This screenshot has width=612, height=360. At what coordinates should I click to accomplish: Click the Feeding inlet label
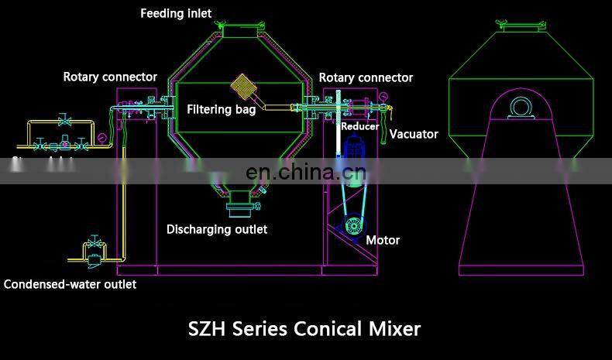coord(175,13)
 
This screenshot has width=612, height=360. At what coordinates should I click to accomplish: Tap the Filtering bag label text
coord(221,109)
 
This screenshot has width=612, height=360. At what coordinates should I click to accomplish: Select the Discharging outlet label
coord(217,229)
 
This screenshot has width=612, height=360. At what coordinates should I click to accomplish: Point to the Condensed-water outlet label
coord(70,284)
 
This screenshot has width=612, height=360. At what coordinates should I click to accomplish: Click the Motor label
coord(383,240)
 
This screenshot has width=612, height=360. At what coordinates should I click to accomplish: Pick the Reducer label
coord(360,125)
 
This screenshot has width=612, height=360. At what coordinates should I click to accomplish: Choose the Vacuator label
coord(414,134)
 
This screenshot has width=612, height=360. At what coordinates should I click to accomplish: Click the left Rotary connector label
coord(110,77)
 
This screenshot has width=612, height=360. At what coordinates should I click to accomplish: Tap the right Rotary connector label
coord(366,77)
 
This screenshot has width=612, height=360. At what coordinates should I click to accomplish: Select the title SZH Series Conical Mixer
coord(304,328)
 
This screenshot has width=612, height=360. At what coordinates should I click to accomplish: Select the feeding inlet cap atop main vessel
coord(236,29)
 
